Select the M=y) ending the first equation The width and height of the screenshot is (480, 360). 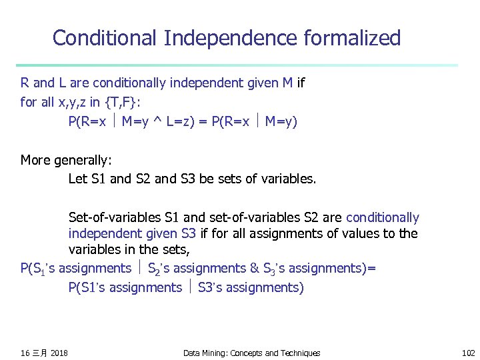[281, 122]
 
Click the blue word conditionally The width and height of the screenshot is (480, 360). [383, 217]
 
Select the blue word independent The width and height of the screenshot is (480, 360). [105, 234]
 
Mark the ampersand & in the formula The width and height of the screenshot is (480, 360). [254, 269]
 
